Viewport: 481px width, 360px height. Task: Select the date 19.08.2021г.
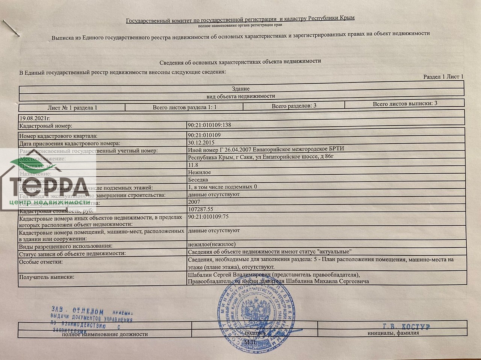(x=34, y=118)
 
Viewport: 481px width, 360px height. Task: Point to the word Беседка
(x=198, y=180)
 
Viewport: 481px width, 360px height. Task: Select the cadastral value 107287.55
(x=203, y=209)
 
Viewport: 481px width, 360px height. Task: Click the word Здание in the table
(x=240, y=89)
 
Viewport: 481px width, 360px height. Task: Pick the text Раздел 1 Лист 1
(x=443, y=76)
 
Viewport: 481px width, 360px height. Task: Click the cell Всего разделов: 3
(x=294, y=106)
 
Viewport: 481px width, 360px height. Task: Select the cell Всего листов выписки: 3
(x=405, y=104)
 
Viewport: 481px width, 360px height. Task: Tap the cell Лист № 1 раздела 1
(x=73, y=108)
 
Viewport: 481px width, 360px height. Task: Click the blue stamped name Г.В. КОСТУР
(x=406, y=327)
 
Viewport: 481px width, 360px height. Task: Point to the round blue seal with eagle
(x=256, y=311)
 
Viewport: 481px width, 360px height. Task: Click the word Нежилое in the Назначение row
(x=199, y=172)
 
